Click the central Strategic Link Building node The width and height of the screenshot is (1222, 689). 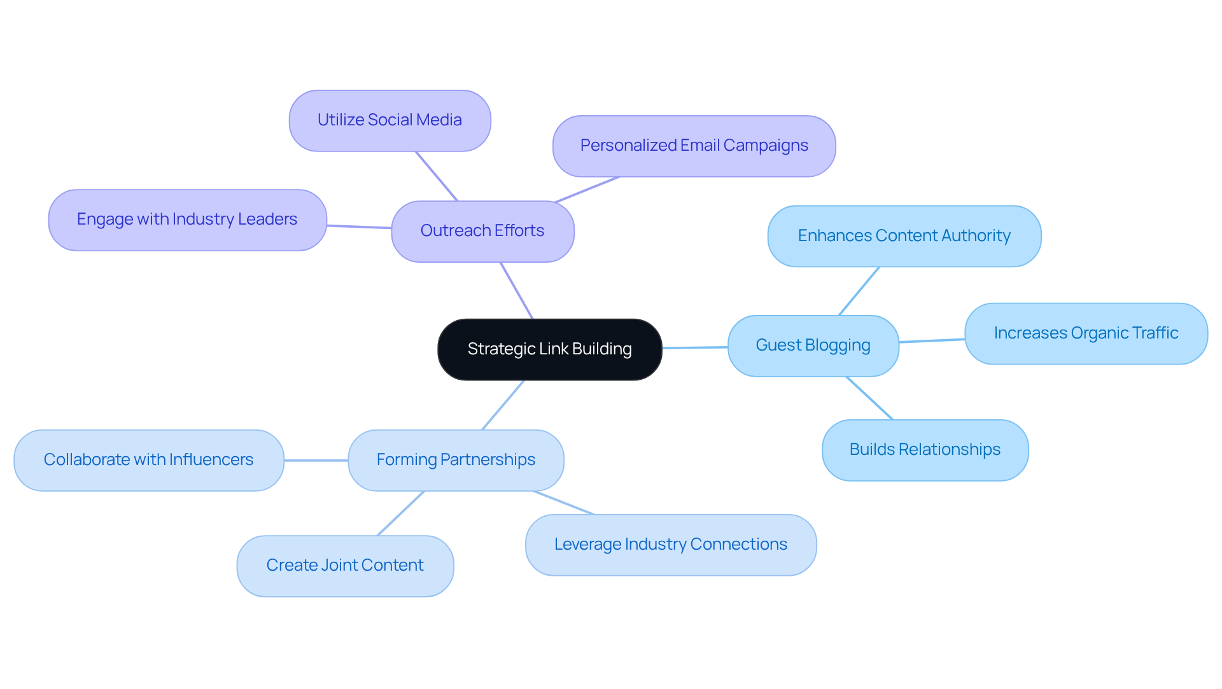(x=549, y=349)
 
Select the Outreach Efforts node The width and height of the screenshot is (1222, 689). (x=482, y=231)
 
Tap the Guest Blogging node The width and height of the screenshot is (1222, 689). (x=813, y=345)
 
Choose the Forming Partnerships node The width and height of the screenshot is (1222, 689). (x=456, y=460)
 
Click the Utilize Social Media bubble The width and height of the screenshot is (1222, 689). (x=390, y=120)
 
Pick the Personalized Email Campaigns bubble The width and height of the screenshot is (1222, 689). (x=694, y=146)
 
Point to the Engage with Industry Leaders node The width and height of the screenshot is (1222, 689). (x=187, y=219)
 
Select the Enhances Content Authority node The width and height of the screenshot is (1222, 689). (x=904, y=236)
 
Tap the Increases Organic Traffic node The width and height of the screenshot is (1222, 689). (x=1086, y=333)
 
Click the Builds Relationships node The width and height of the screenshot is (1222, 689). (x=925, y=450)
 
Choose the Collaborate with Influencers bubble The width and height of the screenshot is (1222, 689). (x=148, y=460)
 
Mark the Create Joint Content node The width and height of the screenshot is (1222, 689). (x=345, y=566)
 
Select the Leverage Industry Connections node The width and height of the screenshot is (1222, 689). (x=671, y=545)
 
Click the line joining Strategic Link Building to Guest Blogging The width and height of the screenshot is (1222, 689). (x=695, y=347)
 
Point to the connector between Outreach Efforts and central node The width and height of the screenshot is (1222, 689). (x=517, y=291)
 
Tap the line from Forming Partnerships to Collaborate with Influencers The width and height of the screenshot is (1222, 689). (x=316, y=460)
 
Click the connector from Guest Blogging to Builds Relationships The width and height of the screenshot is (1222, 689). (x=869, y=398)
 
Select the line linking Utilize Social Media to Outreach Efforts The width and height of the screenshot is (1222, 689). (x=437, y=176)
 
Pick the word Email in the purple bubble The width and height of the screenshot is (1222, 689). (x=699, y=146)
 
